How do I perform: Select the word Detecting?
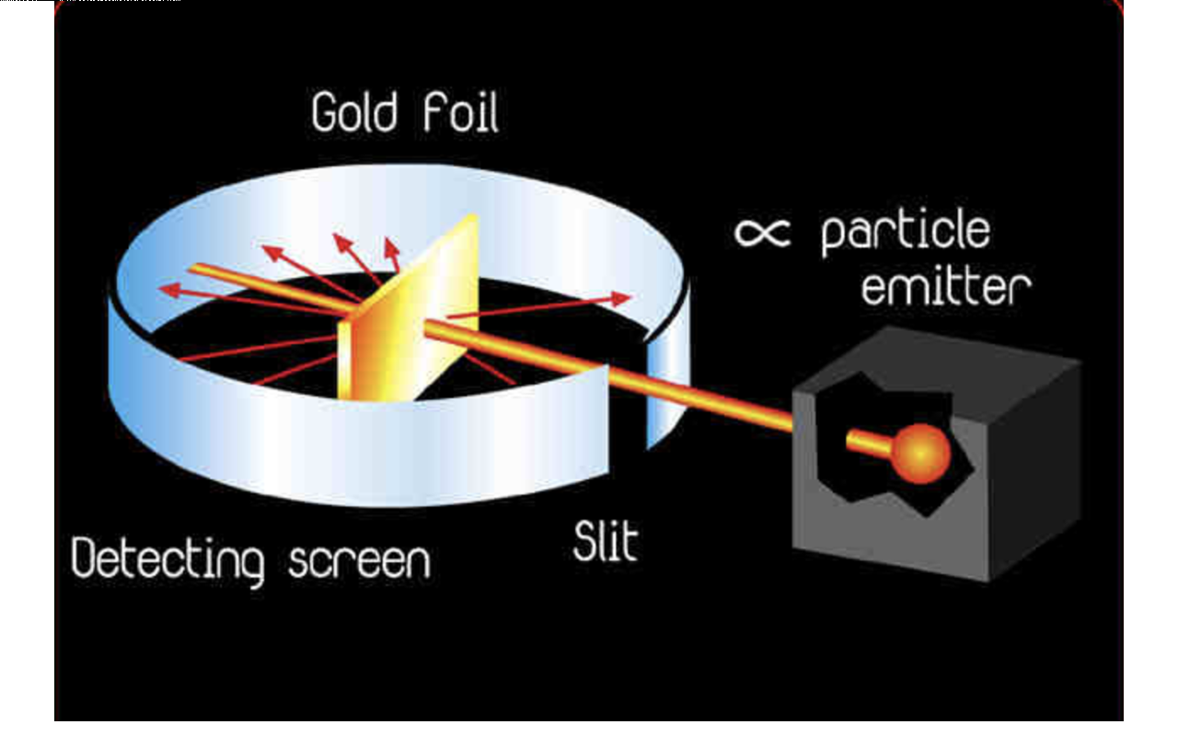pos(168,558)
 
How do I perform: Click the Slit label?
pos(605,542)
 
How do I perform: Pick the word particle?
pos(905,232)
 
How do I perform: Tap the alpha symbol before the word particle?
pos(762,233)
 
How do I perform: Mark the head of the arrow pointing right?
pos(623,299)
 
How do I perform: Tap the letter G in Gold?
pos(325,113)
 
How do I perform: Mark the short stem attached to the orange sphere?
pos(870,443)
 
